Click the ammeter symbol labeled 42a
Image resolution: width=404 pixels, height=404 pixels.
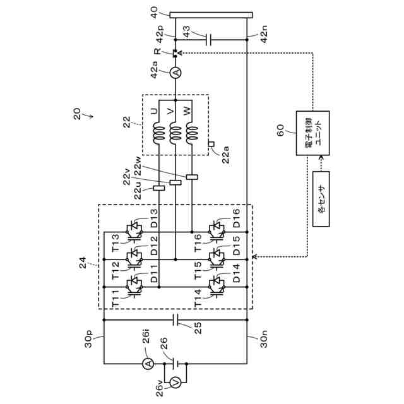[x=175, y=74]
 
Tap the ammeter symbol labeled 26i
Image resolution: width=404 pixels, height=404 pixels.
[x=147, y=364]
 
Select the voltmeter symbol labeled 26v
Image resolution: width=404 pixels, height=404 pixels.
[x=177, y=381]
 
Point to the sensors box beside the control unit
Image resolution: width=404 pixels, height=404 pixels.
[x=321, y=197]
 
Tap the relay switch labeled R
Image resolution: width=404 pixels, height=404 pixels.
[x=175, y=54]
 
